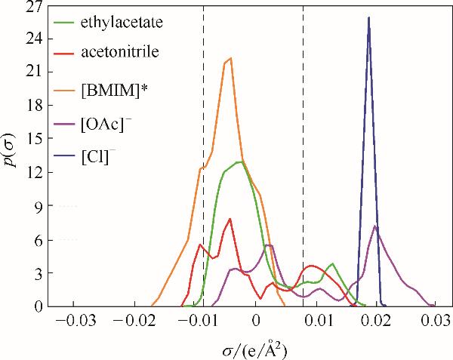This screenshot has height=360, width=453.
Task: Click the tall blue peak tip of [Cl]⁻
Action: tap(368, 17)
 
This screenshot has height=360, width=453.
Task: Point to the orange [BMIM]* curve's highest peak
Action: tap(230, 58)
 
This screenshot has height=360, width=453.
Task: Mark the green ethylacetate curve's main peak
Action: tap(240, 162)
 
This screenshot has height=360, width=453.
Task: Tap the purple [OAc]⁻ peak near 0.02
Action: tap(375, 226)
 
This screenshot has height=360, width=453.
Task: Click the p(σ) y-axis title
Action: tap(11, 156)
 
